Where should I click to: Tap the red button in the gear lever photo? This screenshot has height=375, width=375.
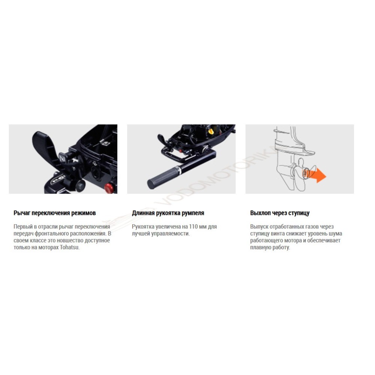109,188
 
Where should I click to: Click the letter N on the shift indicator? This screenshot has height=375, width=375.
63,159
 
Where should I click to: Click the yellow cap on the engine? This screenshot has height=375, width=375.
211,131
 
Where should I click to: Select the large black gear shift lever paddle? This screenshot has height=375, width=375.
45,148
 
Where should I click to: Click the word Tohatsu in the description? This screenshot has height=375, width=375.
69,247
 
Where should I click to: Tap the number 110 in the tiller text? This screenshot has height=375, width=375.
193,226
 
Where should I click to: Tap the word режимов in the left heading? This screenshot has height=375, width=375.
85,213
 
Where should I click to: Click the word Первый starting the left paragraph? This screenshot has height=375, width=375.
23,226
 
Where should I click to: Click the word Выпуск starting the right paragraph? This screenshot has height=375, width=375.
259,226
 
